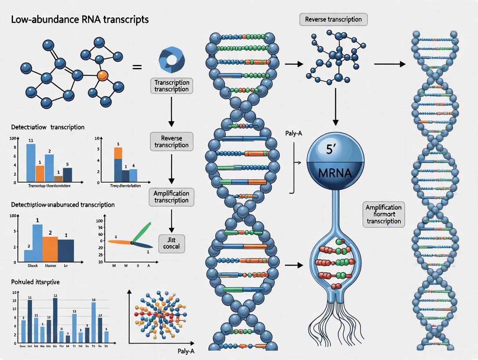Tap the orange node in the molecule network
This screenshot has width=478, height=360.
point(102,75)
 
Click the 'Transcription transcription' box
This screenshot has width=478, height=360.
point(171,86)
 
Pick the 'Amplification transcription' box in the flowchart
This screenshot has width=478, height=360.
point(171,196)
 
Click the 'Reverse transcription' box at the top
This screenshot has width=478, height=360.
point(333,19)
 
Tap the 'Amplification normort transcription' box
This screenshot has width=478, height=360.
point(384,214)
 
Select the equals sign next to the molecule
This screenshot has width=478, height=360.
point(137,67)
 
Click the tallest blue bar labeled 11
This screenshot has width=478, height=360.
point(30,162)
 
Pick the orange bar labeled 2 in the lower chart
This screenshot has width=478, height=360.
point(50,249)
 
